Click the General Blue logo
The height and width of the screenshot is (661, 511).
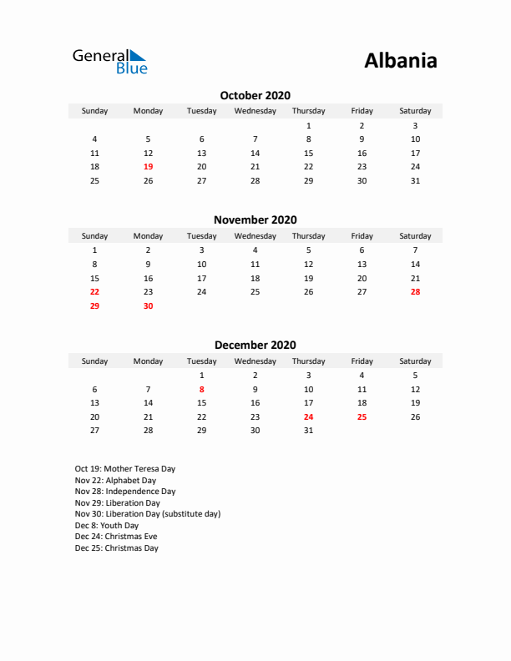[109, 61]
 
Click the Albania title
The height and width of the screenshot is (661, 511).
[400, 61]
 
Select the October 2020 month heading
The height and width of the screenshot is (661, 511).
[255, 96]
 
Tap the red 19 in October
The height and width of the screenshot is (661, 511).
[149, 167]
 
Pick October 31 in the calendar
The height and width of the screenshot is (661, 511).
[415, 181]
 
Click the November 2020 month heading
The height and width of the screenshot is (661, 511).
[255, 220]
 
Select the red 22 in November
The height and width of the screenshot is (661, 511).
[94, 292]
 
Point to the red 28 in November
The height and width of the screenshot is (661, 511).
[415, 292]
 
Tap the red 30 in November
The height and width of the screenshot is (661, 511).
[149, 306]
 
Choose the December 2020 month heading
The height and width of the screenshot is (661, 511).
[255, 345]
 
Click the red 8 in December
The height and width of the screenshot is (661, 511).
[201, 389]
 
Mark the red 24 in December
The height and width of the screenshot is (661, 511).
[308, 417]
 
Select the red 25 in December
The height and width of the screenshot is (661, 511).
[362, 417]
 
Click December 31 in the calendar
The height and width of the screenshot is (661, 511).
[308, 431]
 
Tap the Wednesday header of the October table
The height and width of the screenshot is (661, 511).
[255, 111]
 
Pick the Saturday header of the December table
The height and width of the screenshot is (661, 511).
[415, 361]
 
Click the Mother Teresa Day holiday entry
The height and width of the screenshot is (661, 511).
[125, 469]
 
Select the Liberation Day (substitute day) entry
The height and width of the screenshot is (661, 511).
[148, 514]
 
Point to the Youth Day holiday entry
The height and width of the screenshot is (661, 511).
[107, 526]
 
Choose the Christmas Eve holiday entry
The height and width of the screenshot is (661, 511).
[116, 537]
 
